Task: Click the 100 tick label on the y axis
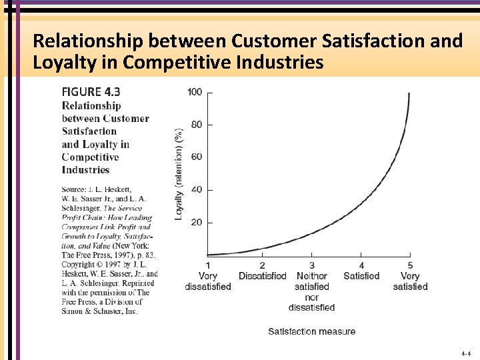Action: [195, 92]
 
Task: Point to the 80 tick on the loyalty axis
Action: [197, 125]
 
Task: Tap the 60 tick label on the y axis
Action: [197, 157]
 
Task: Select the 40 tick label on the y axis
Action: [197, 189]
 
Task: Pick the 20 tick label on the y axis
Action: [197, 222]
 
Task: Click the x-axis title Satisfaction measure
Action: [311, 331]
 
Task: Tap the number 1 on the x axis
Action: [208, 266]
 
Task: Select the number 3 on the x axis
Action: [311, 266]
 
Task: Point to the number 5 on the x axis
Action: [410, 266]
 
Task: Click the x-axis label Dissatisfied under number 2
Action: [262, 276]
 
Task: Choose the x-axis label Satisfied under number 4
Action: [361, 276]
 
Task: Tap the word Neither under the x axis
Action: [311, 276]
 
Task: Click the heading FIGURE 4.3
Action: [91, 92]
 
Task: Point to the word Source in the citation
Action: [75, 189]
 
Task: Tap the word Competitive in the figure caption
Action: [90, 157]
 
